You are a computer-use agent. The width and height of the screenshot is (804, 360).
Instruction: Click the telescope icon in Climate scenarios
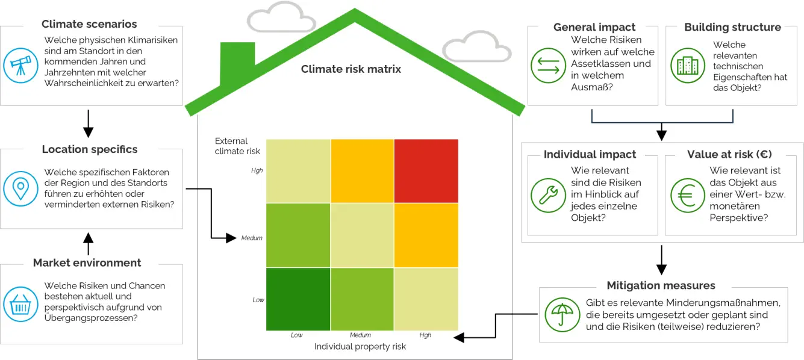click(20, 65)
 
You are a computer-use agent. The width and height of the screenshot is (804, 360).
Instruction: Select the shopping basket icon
click(20, 304)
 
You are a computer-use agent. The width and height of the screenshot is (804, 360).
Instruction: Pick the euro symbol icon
click(687, 196)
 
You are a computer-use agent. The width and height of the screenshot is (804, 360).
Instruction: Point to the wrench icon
click(549, 196)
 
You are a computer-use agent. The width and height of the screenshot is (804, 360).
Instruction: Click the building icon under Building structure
click(687, 65)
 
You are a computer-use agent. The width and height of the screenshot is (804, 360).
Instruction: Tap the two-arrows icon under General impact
click(549, 65)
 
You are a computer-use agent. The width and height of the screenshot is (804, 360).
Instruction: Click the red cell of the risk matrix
click(426, 170)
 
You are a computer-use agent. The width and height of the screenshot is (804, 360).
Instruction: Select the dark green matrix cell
click(298, 299)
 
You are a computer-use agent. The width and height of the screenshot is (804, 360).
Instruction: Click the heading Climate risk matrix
click(351, 69)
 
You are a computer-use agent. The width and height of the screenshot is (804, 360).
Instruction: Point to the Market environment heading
click(87, 263)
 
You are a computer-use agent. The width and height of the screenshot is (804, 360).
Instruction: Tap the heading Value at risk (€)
click(729, 155)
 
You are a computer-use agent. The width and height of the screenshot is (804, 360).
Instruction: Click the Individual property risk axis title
click(360, 347)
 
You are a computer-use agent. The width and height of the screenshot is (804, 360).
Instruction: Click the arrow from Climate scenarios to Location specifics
click(89, 124)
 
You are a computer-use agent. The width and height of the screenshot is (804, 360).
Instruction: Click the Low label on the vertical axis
click(258, 300)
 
